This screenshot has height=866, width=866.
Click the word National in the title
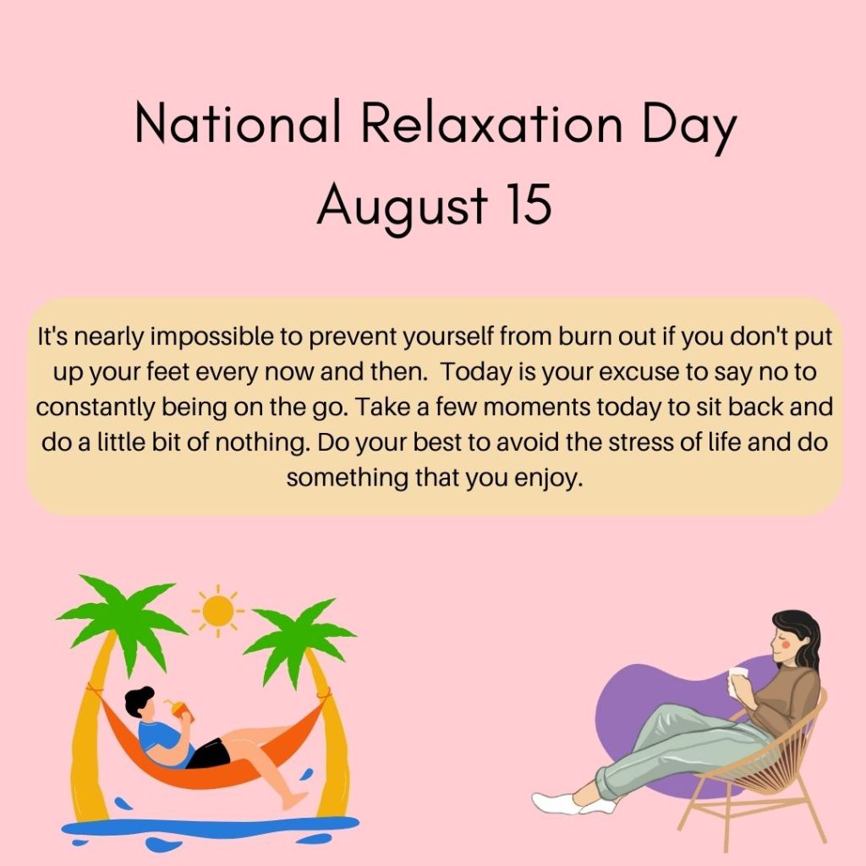(x=238, y=122)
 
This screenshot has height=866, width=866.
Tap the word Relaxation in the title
(x=492, y=122)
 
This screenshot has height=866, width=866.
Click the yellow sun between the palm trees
(x=218, y=611)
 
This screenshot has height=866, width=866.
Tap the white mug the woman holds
(x=737, y=676)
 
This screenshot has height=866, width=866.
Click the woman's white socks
(x=570, y=803)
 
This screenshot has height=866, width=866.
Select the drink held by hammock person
(x=180, y=710)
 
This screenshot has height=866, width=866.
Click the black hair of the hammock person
(x=138, y=700)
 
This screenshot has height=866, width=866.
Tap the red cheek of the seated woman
(x=787, y=644)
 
